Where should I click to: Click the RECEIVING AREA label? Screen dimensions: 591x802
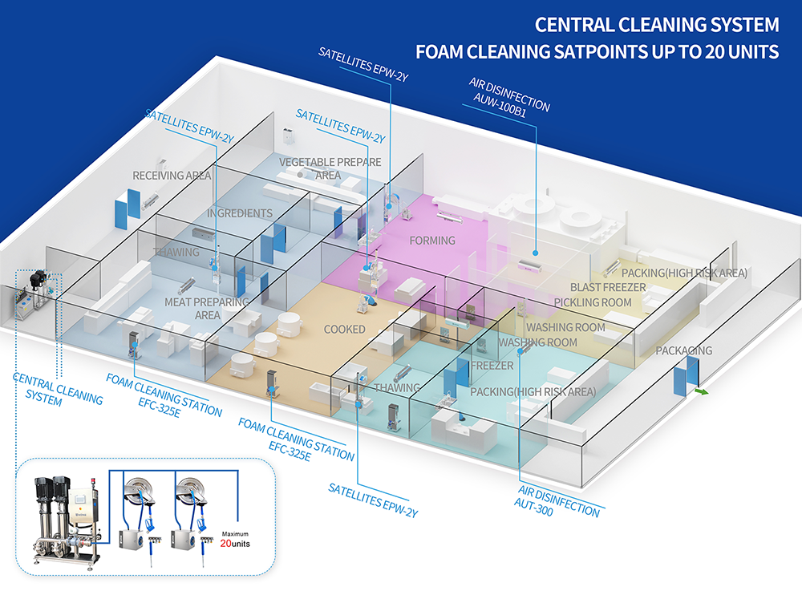pos(172,176)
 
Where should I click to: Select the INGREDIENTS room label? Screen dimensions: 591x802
pos(240,213)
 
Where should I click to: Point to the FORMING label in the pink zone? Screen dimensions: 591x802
pos(432,241)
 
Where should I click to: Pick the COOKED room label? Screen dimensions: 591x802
pos(344,330)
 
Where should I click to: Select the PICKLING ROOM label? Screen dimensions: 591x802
pos(593,302)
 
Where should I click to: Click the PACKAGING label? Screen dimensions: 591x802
pos(683,350)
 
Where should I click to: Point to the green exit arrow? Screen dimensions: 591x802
pos(702,392)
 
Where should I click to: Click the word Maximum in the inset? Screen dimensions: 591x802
pos(236,533)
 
